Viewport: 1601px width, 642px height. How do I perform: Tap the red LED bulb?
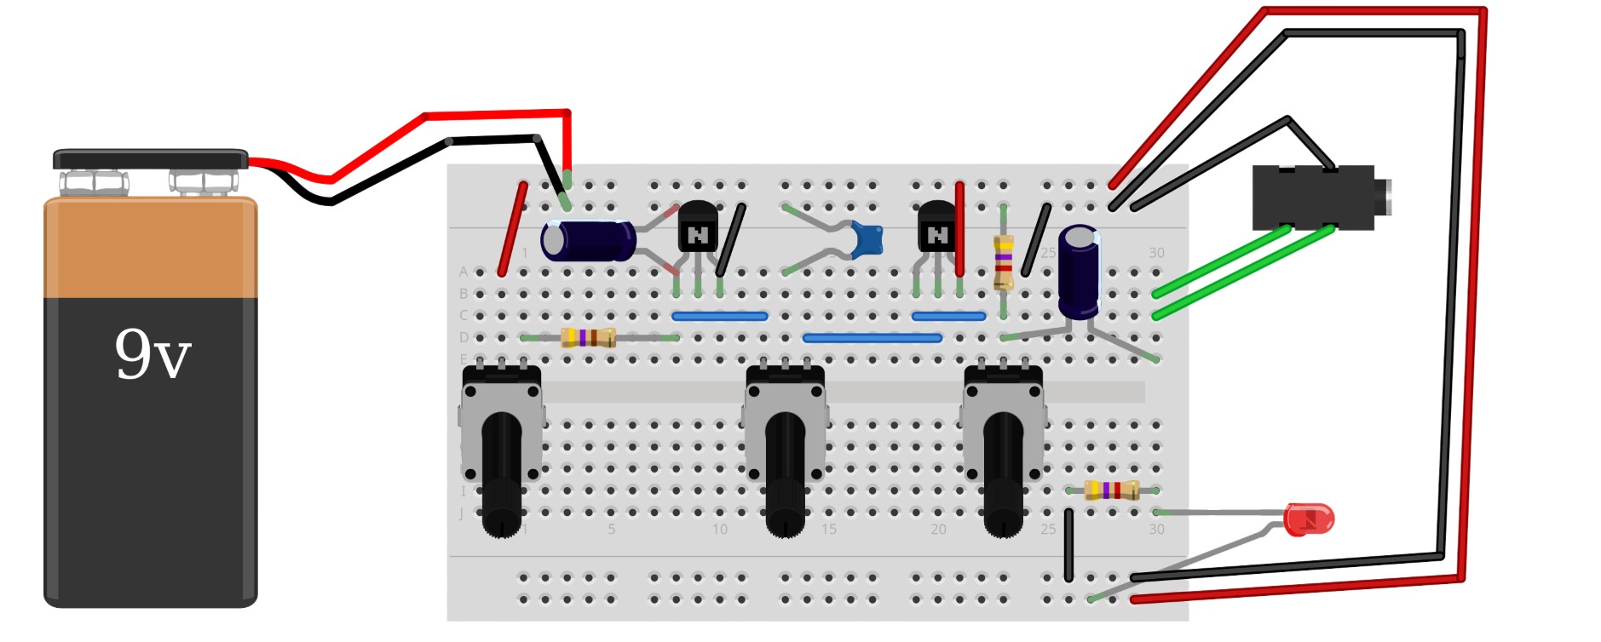pos(1308,519)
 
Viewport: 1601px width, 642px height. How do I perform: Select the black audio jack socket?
pos(1312,198)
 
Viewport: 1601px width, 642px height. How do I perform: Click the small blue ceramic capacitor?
pos(867,239)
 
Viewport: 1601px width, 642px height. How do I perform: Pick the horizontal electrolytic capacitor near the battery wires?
pos(588,240)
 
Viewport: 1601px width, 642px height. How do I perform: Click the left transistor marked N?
pos(698,228)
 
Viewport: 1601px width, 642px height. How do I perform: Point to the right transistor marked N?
pos(937,228)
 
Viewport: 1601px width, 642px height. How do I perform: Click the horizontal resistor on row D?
pos(588,338)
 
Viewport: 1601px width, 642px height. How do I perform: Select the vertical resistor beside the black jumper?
pos(1004,262)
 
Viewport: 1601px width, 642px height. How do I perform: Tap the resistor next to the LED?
pos(1111,490)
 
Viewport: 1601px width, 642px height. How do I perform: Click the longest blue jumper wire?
pos(872,338)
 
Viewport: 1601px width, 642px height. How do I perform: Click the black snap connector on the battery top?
pos(151,159)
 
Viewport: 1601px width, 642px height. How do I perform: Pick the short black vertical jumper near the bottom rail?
pos(1068,545)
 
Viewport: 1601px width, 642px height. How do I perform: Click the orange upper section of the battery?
pos(151,248)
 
